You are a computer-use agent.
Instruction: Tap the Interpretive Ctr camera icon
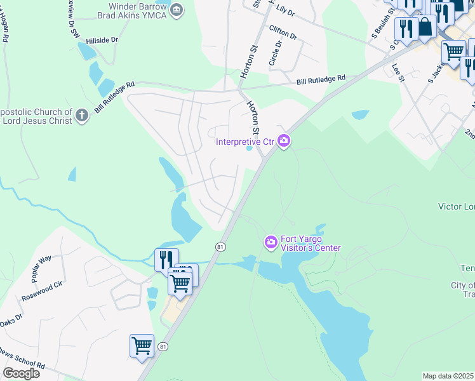click(283, 141)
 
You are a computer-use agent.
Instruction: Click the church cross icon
click(81, 116)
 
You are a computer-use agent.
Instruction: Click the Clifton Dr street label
click(283, 32)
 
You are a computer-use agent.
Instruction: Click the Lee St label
click(398, 72)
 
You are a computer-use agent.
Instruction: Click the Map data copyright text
click(448, 376)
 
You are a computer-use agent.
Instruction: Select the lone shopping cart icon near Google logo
click(142, 347)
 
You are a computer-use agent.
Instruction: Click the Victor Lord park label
click(456, 206)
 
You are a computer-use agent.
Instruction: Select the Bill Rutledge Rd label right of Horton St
click(321, 80)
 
